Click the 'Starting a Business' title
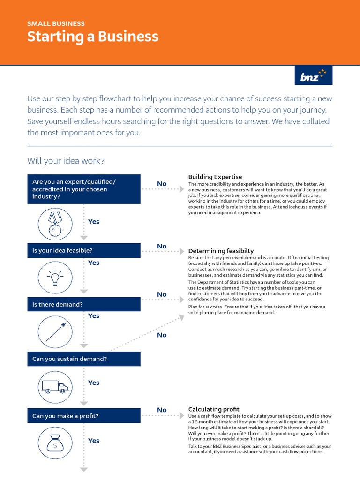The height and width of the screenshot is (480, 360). click(x=93, y=37)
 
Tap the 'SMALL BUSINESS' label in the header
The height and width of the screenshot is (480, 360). click(x=56, y=23)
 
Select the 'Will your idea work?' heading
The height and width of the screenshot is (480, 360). click(x=66, y=161)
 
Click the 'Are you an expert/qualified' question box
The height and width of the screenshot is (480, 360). click(x=83, y=189)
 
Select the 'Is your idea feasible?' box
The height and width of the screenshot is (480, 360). click(x=83, y=251)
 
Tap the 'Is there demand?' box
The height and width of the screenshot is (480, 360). click(x=83, y=304)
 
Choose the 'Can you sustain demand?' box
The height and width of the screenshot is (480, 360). click(x=83, y=359)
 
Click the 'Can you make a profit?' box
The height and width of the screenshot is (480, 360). click(x=83, y=416)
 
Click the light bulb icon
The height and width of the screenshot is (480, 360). click(x=55, y=277)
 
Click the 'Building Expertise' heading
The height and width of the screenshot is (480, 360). click(x=215, y=177)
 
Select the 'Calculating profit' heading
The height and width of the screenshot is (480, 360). click(x=213, y=409)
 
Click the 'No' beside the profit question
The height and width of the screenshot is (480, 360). click(x=162, y=410)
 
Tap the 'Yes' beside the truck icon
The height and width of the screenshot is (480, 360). click(x=94, y=382)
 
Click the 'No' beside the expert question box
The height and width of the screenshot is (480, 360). click(x=162, y=184)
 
